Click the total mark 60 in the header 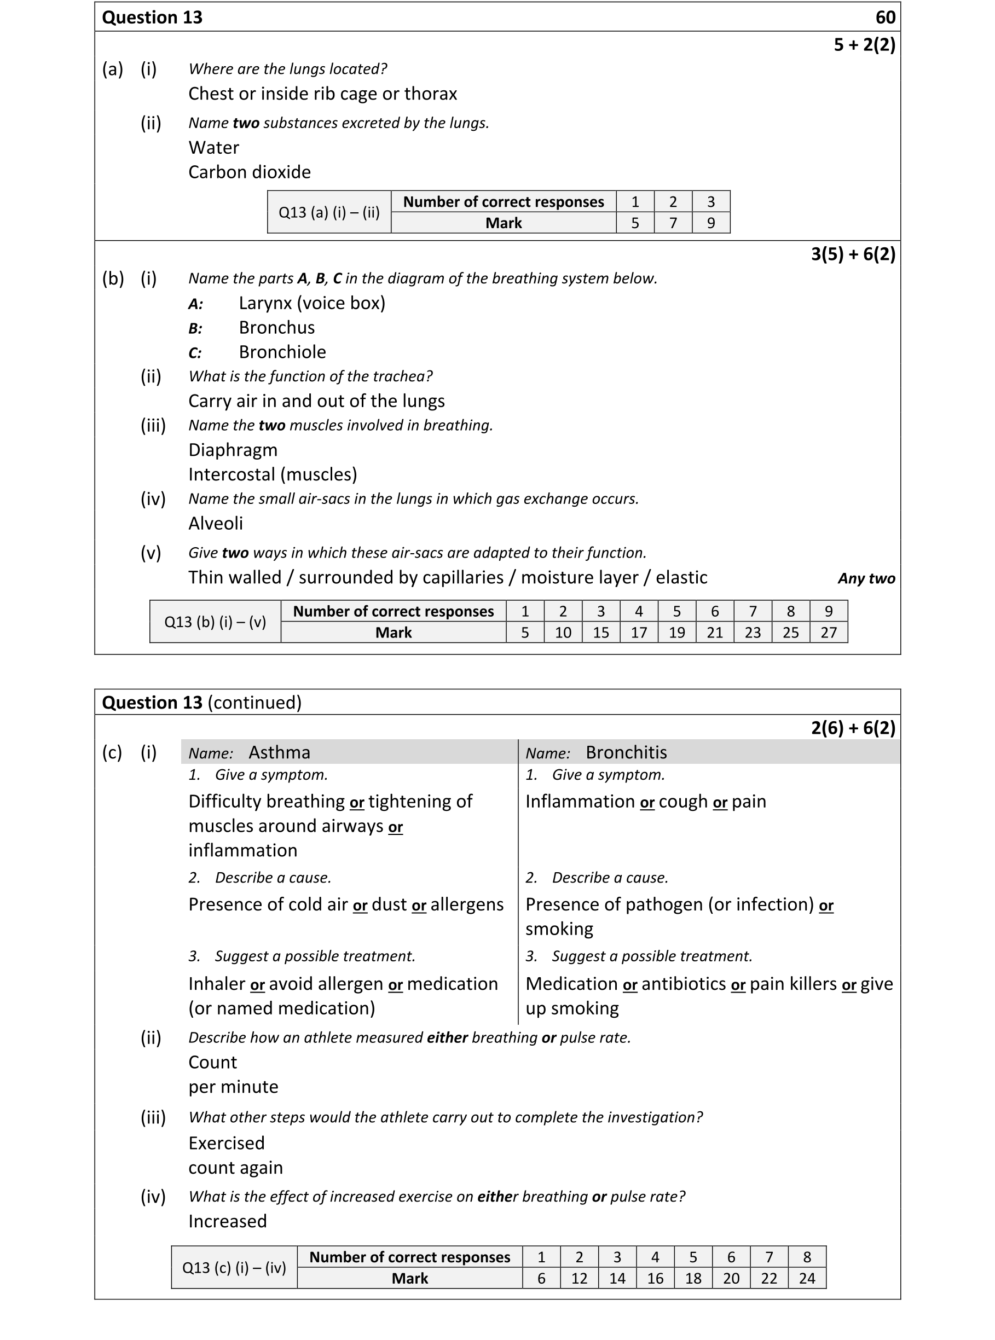pos(885,18)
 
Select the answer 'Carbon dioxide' pos(250,172)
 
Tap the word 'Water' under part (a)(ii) pos(213,148)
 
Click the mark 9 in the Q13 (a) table pos(711,223)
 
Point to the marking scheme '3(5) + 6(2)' pos(852,254)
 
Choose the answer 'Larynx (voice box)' pos(311,303)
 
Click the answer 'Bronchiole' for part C pos(282,352)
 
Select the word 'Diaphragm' pos(233,450)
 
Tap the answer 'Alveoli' pos(215,523)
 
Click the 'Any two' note pos(865,578)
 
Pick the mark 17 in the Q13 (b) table pos(639,633)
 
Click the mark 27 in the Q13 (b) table pos(828,633)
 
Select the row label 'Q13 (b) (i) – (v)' pos(215,622)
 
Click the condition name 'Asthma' pos(279,752)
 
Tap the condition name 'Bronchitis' pos(626,752)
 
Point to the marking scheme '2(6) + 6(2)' pos(852,728)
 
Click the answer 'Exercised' pos(226,1143)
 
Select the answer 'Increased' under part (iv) pos(227,1221)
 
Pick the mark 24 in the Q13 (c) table pos(807,1279)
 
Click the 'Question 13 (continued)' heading pos(201,703)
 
